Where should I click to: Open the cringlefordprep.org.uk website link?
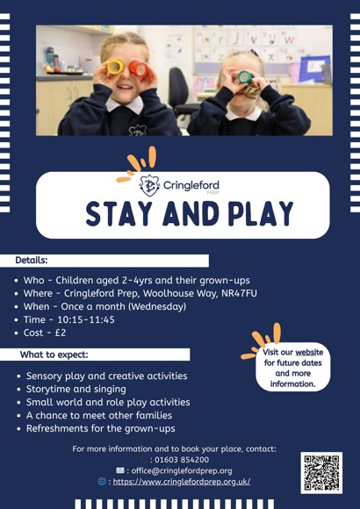point(181,482)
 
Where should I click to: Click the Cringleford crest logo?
point(150,185)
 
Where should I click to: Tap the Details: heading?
point(32,261)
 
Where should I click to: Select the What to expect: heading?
point(54,355)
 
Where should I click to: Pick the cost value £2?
point(60,333)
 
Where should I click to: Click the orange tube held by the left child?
point(138,67)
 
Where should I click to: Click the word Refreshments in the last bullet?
point(67,428)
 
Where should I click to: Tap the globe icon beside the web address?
point(103,482)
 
